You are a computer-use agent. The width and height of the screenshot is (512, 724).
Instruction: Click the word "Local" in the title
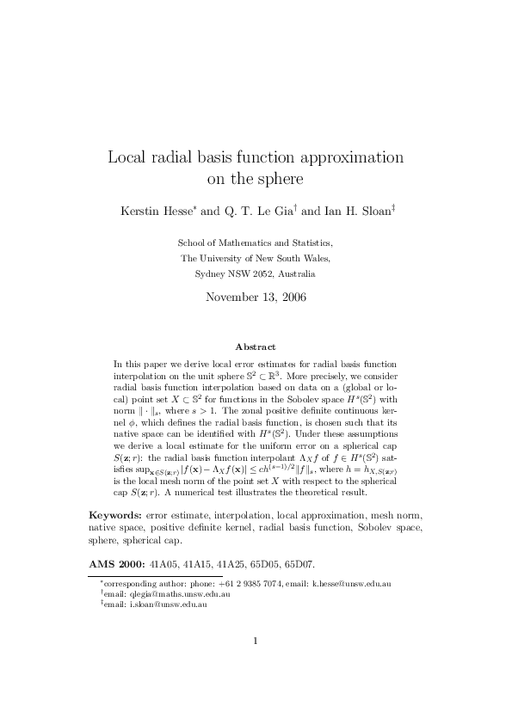coord(127,158)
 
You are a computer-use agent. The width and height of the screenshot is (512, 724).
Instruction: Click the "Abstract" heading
coord(256,347)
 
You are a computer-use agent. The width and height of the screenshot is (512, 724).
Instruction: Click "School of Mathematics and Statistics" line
coord(256,243)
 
